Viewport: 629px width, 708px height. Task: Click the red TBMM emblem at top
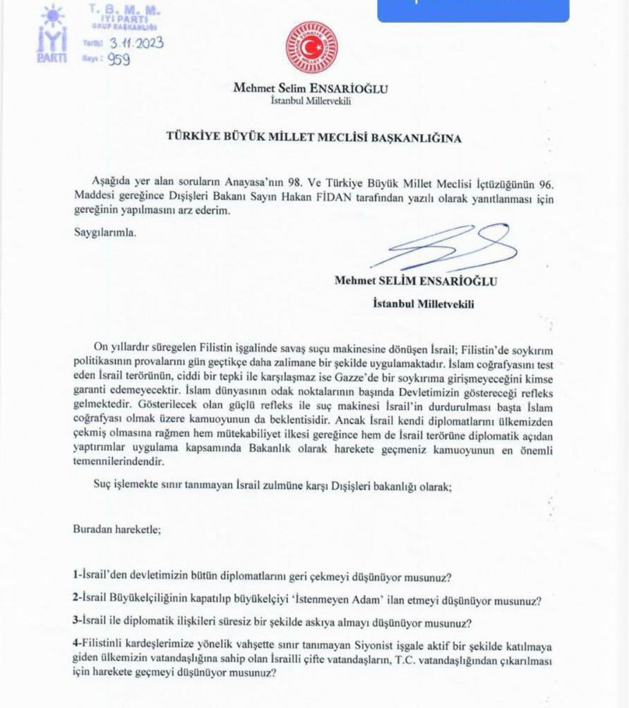tap(312, 48)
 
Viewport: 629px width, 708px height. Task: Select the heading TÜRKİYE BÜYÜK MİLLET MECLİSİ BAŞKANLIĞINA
tap(313, 138)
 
